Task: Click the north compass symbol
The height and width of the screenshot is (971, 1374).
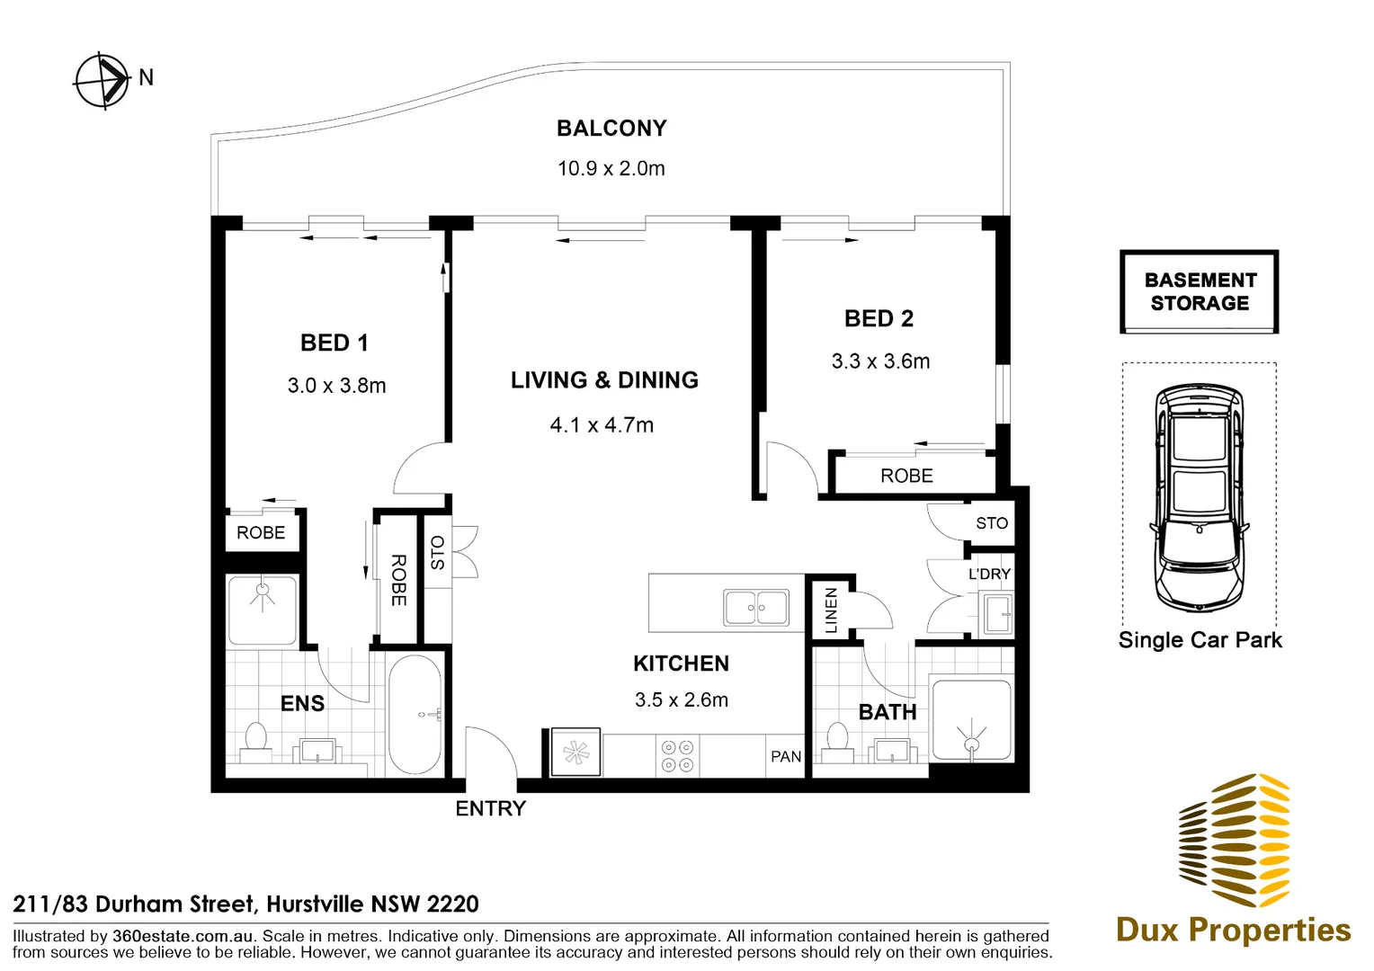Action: tap(103, 80)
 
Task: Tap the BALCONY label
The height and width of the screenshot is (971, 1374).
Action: tap(611, 129)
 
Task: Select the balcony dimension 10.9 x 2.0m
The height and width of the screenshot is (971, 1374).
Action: tap(611, 168)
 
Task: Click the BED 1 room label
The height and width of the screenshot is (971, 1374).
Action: tap(335, 343)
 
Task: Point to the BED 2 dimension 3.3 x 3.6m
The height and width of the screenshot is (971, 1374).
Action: tap(880, 361)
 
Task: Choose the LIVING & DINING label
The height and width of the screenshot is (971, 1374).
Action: tap(604, 380)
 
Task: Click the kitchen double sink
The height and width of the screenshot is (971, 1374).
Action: tap(756, 608)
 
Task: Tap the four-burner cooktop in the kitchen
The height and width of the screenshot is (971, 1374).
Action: tap(677, 755)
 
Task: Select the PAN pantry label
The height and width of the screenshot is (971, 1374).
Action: tap(786, 757)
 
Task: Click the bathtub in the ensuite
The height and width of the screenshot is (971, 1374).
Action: tap(415, 714)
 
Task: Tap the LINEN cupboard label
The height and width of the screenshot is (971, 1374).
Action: tap(832, 610)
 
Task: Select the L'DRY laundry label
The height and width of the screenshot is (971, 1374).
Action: tap(989, 574)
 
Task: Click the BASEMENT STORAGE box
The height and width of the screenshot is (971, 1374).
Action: tap(1199, 292)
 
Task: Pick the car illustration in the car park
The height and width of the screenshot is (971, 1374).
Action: tap(1199, 497)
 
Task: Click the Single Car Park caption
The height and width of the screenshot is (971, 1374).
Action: tap(1200, 640)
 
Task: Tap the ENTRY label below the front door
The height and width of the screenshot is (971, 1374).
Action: tap(490, 808)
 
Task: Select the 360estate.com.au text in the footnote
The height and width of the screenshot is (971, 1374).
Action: tap(183, 936)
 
